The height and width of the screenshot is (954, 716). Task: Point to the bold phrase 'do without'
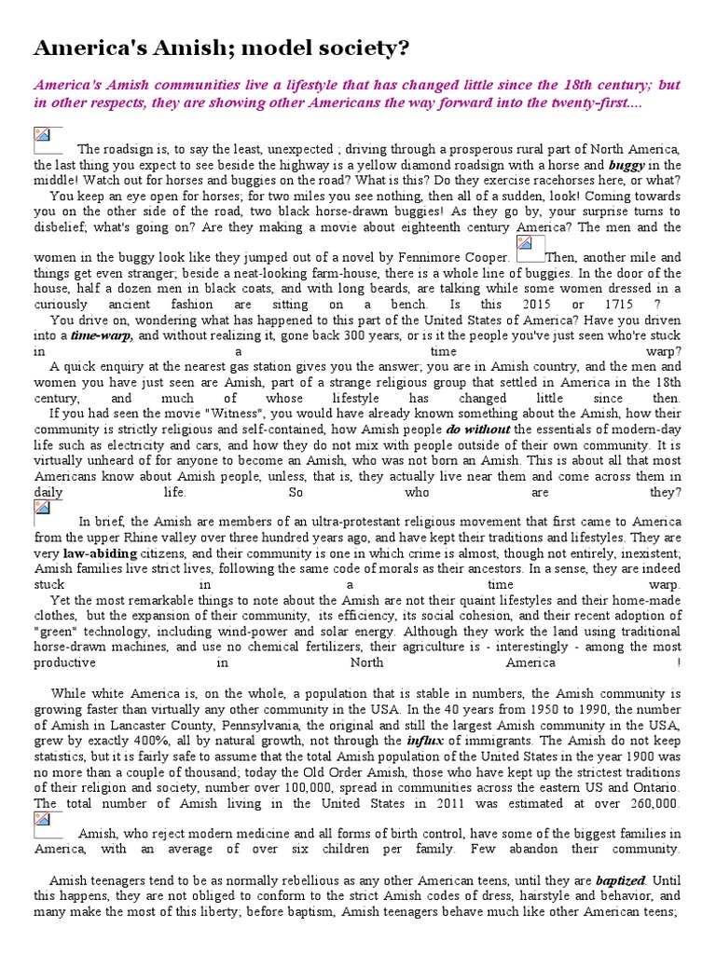pyautogui.click(x=477, y=429)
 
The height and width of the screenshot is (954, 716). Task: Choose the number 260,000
pyautogui.click(x=643, y=802)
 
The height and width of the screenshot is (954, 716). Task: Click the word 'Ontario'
pyautogui.click(x=655, y=787)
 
